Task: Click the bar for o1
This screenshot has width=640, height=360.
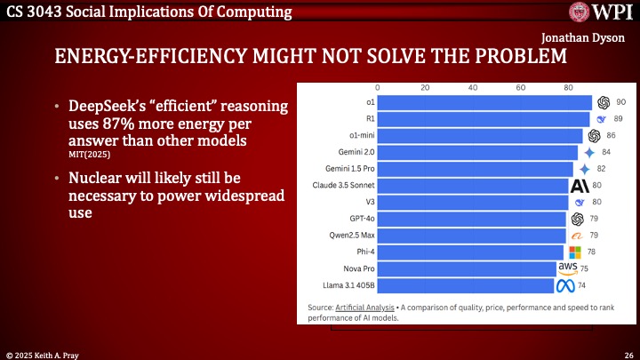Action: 484,102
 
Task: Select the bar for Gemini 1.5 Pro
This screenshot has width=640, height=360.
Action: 476,169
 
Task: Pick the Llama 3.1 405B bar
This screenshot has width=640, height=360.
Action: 467,286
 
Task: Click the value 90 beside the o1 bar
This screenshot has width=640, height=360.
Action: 621,102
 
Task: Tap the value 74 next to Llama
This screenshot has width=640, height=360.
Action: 582,286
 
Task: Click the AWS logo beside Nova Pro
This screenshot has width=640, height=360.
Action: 568,268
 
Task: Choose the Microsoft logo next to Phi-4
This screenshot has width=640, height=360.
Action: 575,252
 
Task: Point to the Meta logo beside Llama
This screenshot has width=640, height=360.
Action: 566,286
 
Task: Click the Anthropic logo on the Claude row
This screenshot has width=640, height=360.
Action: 580,186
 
